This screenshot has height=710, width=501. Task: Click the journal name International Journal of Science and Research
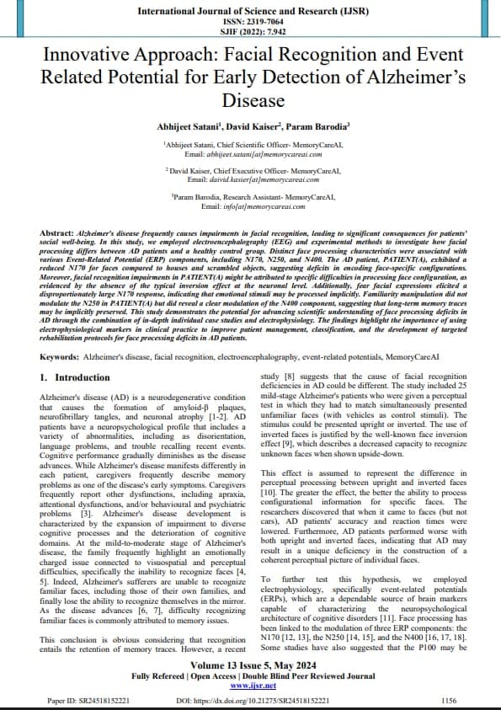pos(250,10)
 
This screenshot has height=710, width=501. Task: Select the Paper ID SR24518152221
pos(98,699)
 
